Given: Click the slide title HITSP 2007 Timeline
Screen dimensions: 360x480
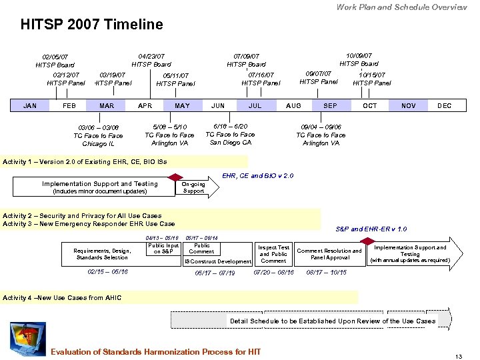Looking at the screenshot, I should pyautogui.click(x=91, y=25).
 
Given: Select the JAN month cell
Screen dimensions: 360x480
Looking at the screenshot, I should pyautogui.click(x=30, y=105).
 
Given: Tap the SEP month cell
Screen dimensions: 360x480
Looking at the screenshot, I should pyautogui.click(x=330, y=105).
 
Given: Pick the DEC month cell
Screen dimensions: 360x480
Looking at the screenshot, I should pyautogui.click(x=444, y=105).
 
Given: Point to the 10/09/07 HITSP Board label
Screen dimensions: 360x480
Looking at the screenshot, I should pyautogui.click(x=359, y=59).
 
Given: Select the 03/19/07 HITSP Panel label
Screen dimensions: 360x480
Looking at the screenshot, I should pyautogui.click(x=112, y=79).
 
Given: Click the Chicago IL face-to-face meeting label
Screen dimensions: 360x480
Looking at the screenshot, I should pyautogui.click(x=98, y=135).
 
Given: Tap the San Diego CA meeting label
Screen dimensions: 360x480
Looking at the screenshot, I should pyautogui.click(x=230, y=134).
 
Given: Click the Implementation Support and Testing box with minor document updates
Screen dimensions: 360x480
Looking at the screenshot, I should pyautogui.click(x=100, y=187).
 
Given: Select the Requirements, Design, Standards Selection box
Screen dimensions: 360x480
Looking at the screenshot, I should pyautogui.click(x=102, y=254).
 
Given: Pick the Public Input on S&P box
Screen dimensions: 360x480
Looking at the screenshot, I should pyautogui.click(x=163, y=249).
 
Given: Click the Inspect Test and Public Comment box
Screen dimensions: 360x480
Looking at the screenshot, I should pyautogui.click(x=273, y=254).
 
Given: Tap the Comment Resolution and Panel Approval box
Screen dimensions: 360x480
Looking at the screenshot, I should pyautogui.click(x=329, y=254).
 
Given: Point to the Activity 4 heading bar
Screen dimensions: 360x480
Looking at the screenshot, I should pyautogui.click(x=180, y=297).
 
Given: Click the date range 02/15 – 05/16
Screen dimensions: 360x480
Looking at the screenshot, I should pyautogui.click(x=107, y=272).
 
